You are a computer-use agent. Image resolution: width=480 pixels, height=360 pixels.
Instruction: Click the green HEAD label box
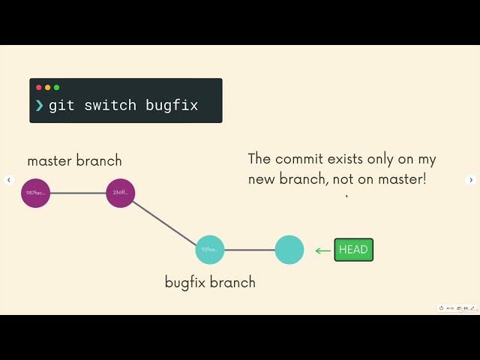point(353,250)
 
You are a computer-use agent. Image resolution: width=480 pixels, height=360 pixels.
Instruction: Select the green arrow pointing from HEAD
point(323,250)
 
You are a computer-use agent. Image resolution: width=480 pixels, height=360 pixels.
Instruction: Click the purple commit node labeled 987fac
point(35,193)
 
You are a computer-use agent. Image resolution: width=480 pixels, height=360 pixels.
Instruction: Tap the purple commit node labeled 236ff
point(120,193)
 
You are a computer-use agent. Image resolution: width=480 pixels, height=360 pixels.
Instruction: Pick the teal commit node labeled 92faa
point(210,250)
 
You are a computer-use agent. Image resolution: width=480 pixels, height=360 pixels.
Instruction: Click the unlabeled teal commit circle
point(289,250)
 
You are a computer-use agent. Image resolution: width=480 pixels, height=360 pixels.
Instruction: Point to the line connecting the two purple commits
point(78,193)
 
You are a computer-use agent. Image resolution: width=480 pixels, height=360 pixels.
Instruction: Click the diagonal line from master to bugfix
point(165,222)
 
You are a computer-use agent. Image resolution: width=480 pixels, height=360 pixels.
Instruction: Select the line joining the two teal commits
point(250,250)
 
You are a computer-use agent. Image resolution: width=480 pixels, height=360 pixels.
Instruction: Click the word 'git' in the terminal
point(62,106)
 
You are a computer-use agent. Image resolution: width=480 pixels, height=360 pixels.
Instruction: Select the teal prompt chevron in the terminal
point(39,106)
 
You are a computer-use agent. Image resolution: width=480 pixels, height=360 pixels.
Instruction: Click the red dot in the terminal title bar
point(39,88)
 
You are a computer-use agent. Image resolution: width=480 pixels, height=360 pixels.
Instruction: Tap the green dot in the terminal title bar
point(56,88)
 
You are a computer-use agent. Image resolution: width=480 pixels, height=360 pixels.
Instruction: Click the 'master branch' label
point(74,160)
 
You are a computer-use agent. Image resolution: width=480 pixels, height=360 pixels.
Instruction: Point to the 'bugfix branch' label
point(210,283)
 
